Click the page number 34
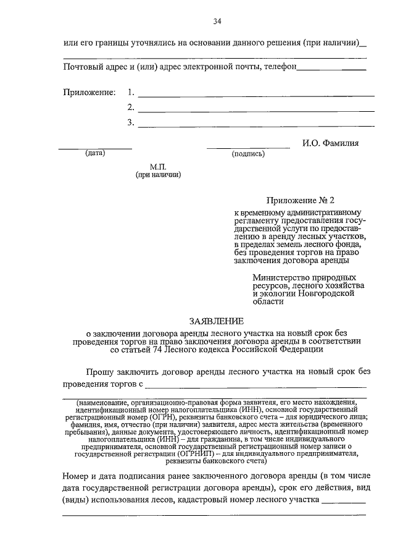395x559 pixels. (x=217, y=22)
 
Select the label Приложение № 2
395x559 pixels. (x=299, y=201)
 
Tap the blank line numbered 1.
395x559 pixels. (x=256, y=96)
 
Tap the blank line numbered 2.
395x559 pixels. (x=256, y=111)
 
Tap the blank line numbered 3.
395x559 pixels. (x=256, y=125)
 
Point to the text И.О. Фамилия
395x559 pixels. (x=330, y=143)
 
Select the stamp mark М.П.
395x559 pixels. (x=158, y=167)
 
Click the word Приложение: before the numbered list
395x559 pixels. (x=89, y=92)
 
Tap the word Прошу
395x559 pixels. (x=99, y=372)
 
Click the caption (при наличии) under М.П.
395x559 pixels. (x=158, y=175)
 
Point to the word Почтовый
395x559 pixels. (x=83, y=67)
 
